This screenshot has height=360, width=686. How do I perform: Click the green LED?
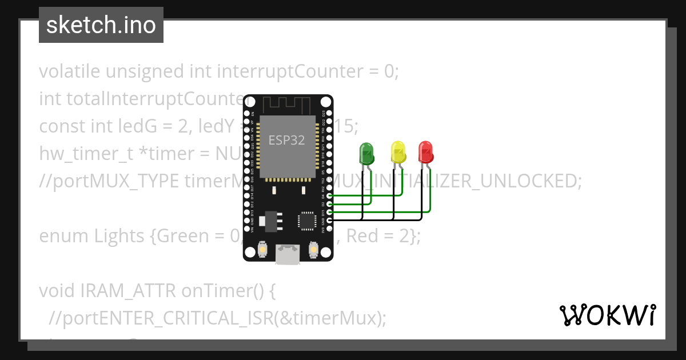click(x=366, y=153)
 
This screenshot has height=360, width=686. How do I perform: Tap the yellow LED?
click(x=398, y=152)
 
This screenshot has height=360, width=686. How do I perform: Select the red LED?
click(x=426, y=151)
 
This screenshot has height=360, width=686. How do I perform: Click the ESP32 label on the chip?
click(x=286, y=139)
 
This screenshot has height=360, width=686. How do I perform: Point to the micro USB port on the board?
click(x=288, y=255)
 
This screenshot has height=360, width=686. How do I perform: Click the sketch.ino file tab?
click(x=101, y=25)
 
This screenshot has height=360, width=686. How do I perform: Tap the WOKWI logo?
click(x=607, y=315)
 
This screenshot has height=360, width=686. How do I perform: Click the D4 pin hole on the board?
click(x=329, y=195)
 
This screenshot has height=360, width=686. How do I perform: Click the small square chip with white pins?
click(x=307, y=220)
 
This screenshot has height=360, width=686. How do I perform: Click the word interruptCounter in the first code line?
click(x=298, y=72)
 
